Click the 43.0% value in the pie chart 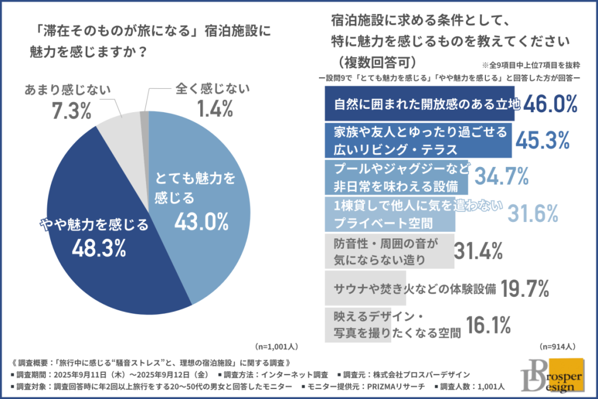tap(201, 221)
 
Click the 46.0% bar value tap(550, 105)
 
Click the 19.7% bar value tap(524, 288)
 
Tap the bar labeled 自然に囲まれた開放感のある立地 tap(418, 104)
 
